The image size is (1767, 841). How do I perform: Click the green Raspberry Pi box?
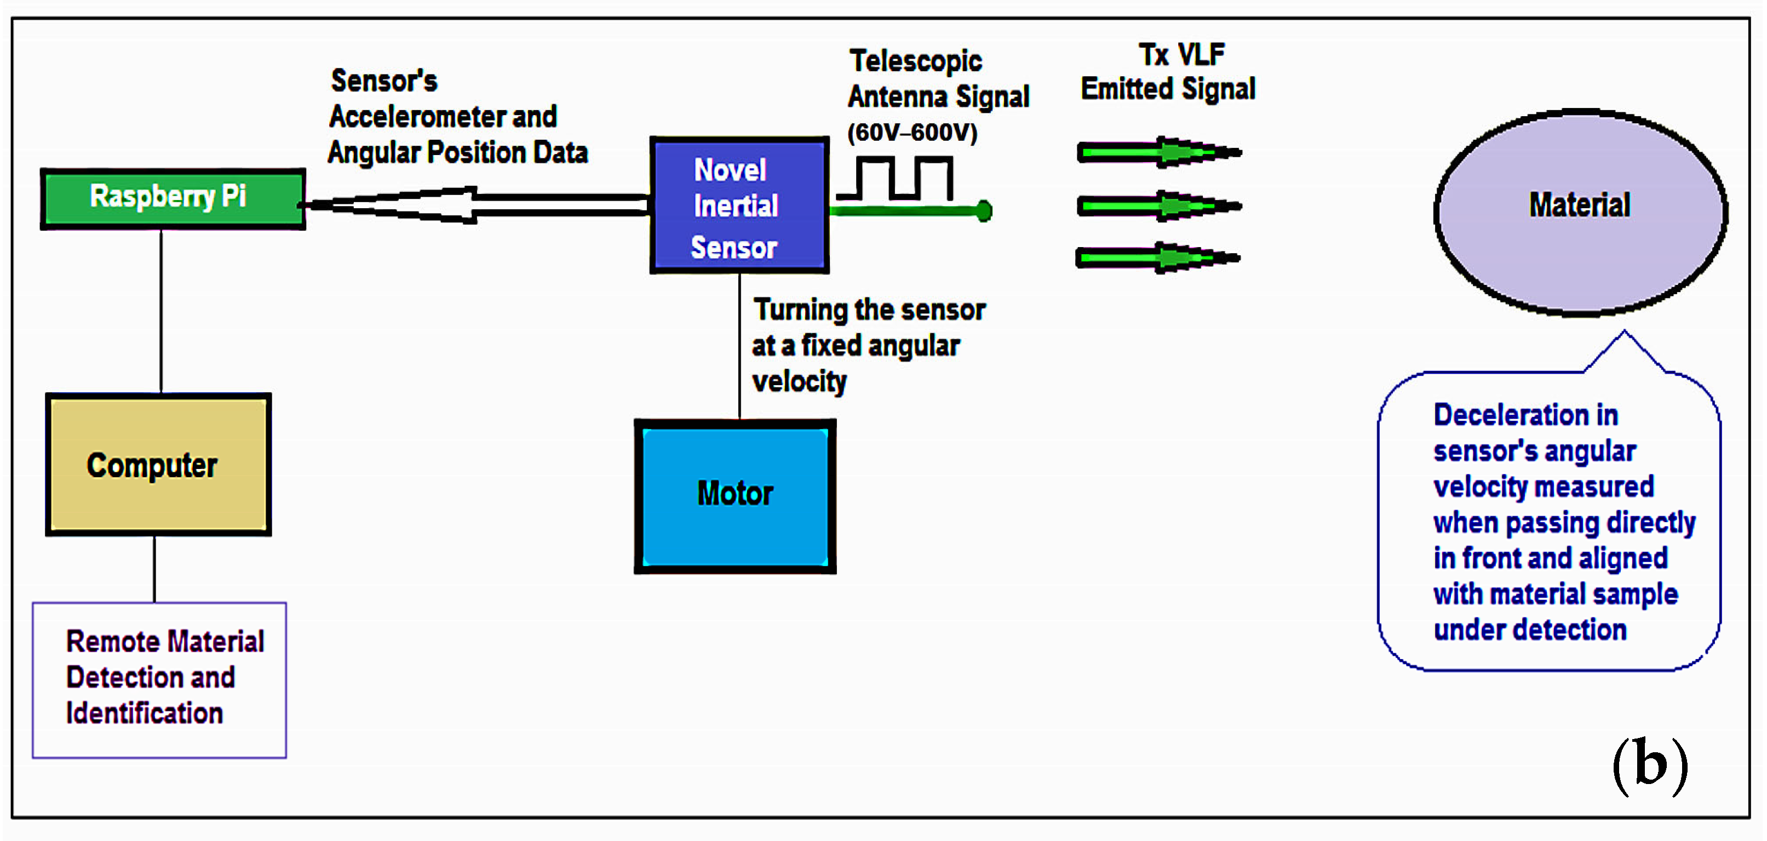(x=173, y=198)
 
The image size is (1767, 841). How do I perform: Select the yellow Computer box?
(x=158, y=465)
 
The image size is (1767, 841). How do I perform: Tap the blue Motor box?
(x=735, y=496)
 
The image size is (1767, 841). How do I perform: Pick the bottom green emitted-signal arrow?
(x=1158, y=258)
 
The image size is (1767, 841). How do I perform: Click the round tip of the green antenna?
(x=984, y=210)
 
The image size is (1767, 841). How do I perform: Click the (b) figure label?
(x=1650, y=765)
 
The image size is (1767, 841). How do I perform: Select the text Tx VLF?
(x=1181, y=54)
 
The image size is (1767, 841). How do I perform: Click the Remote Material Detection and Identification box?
(x=159, y=679)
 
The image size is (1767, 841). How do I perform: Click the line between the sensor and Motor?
(x=739, y=346)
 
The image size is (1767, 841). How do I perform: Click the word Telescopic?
(x=915, y=61)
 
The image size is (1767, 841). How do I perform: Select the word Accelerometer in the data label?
(x=418, y=117)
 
